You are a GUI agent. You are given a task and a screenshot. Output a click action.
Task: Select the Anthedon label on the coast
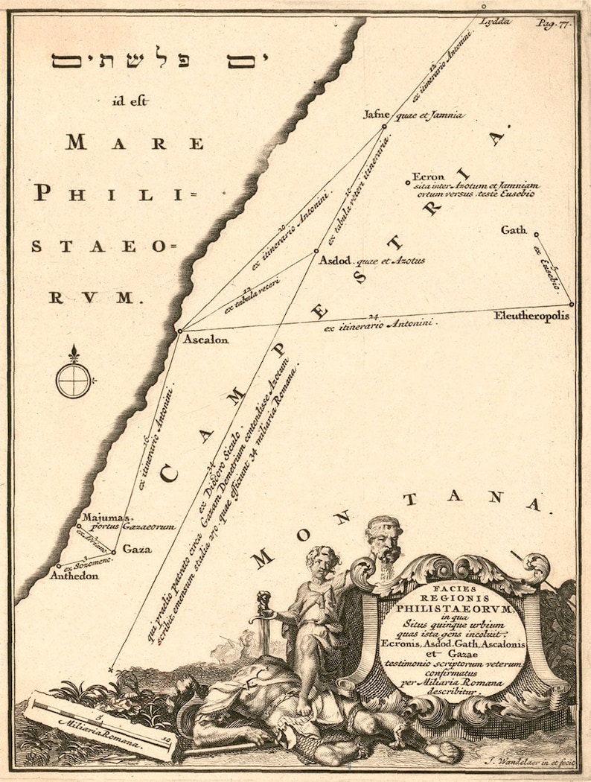click(74, 575)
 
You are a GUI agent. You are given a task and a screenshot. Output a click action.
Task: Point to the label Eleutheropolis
click(531, 316)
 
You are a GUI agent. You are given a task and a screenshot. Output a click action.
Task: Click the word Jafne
click(376, 115)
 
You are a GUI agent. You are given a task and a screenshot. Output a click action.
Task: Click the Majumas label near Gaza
click(105, 516)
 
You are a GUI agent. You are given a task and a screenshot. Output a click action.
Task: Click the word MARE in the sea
click(134, 143)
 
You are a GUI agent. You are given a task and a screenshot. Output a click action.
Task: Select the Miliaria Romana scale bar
click(100, 726)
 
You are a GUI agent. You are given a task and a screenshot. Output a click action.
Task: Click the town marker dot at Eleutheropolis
click(572, 304)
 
